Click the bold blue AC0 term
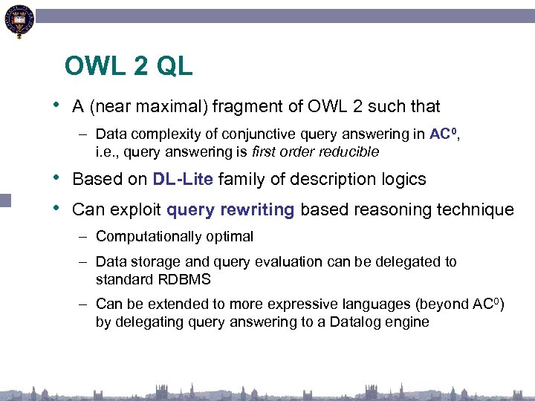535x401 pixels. pyautogui.click(x=443, y=134)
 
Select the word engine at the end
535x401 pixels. pyautogui.click(x=408, y=322)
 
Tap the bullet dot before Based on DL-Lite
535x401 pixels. pyautogui.click(x=57, y=179)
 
